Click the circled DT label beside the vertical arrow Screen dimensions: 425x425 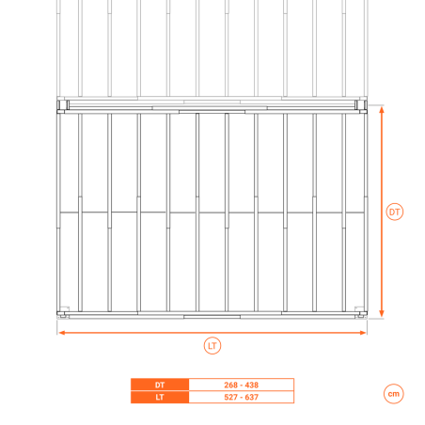[394, 212]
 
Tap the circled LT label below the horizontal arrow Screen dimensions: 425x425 [212, 346]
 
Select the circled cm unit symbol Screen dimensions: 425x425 [394, 394]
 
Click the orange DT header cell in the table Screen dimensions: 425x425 [160, 385]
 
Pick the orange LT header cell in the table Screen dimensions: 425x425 [160, 397]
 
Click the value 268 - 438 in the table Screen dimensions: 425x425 [242, 385]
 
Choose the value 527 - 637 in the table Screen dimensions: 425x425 [242, 397]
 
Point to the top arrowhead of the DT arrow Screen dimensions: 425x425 [382, 109]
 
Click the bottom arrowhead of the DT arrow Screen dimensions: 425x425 [382, 314]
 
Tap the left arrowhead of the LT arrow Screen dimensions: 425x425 [62, 333]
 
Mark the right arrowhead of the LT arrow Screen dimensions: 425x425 [363, 333]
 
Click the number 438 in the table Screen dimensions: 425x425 [252, 385]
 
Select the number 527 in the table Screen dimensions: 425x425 [231, 397]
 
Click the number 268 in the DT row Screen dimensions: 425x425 [231, 385]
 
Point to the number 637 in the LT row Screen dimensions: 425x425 [252, 397]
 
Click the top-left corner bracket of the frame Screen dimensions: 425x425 [63, 106]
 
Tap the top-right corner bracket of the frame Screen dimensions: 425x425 [361, 106]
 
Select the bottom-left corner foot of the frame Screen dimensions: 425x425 [63, 314]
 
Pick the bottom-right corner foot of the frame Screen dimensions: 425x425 [361, 314]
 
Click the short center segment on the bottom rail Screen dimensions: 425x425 [212, 317]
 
